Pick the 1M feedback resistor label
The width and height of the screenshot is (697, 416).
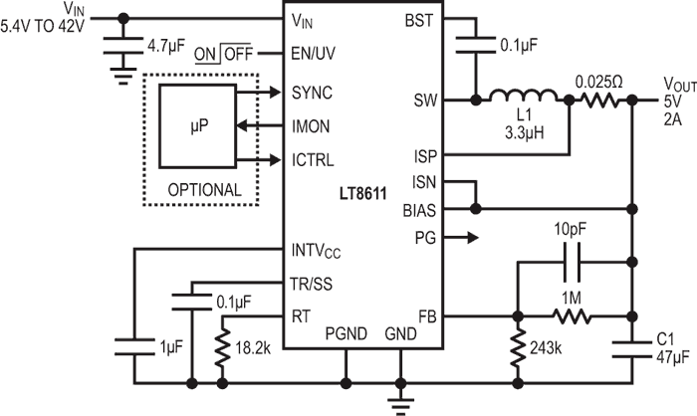pyautogui.click(x=573, y=299)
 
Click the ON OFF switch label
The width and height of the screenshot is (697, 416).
pyautogui.click(x=224, y=55)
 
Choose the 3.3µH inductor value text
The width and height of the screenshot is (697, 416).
pyautogui.click(x=518, y=129)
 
